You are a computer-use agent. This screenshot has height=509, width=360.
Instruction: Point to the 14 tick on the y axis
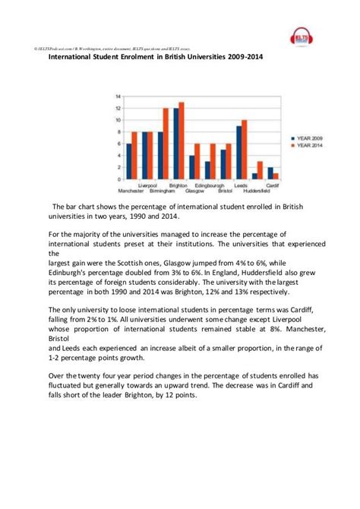point(118,97)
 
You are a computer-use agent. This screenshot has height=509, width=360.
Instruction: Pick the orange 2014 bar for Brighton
point(182,141)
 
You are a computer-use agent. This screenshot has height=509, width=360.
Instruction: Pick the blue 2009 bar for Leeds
point(238,153)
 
